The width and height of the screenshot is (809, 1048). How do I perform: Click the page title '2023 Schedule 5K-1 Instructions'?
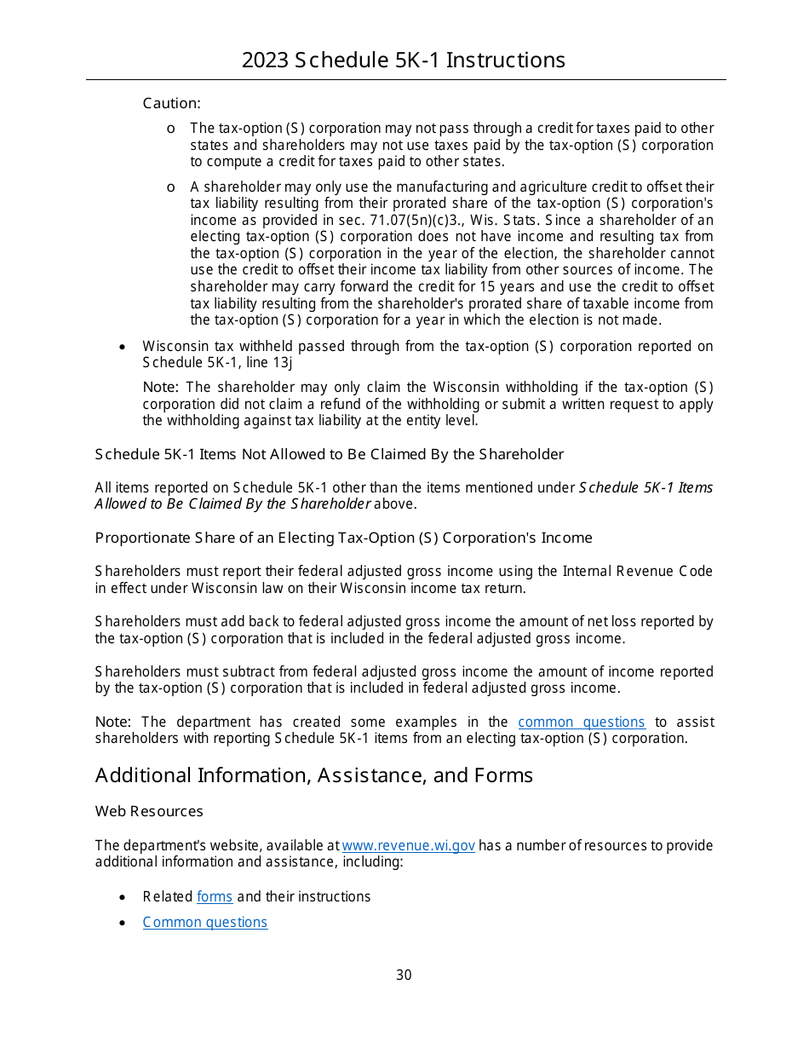(x=404, y=60)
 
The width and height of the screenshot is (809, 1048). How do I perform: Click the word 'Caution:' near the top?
(x=171, y=103)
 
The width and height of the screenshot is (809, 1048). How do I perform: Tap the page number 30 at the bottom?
(x=404, y=975)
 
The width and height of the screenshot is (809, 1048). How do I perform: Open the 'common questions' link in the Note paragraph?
(x=581, y=722)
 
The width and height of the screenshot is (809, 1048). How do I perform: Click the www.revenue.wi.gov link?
(x=408, y=845)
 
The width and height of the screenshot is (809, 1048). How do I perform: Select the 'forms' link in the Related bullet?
(x=215, y=896)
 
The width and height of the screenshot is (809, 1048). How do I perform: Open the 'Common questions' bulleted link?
(x=205, y=922)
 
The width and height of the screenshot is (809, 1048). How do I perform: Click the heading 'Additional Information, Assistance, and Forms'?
(x=314, y=774)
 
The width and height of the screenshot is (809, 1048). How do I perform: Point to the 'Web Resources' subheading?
(x=149, y=811)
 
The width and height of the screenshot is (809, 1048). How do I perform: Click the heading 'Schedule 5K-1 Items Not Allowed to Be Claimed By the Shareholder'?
(x=329, y=454)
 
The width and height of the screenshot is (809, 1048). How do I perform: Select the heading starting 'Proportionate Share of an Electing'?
(x=343, y=538)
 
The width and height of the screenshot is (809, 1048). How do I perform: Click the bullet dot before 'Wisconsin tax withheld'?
(x=123, y=347)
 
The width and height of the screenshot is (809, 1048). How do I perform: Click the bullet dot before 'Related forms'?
(x=123, y=897)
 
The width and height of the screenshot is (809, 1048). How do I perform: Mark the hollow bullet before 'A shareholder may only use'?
(x=171, y=187)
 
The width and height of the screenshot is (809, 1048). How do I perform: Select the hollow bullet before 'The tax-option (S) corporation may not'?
(x=171, y=129)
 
